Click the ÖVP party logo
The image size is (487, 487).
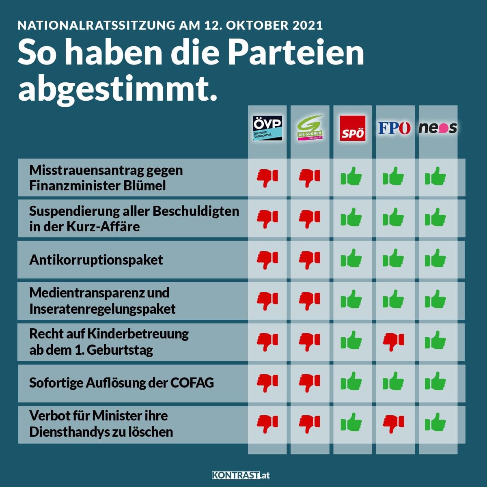[267, 128]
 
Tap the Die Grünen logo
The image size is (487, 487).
[310, 128]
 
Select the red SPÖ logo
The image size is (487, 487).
[352, 129]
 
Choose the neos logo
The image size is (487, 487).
[437, 128]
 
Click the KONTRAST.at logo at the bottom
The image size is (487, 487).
[241, 475]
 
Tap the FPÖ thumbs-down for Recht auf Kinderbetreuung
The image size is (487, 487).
[394, 341]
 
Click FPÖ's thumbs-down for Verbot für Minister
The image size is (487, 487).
[394, 423]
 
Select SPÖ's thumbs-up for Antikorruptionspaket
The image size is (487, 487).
[351, 259]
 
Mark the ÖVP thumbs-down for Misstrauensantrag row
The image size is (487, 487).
[267, 178]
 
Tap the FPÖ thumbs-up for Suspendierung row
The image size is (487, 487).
[394, 218]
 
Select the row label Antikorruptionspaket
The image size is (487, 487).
[96, 260]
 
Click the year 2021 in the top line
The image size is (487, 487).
[307, 25]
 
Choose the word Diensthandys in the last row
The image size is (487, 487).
[67, 432]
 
